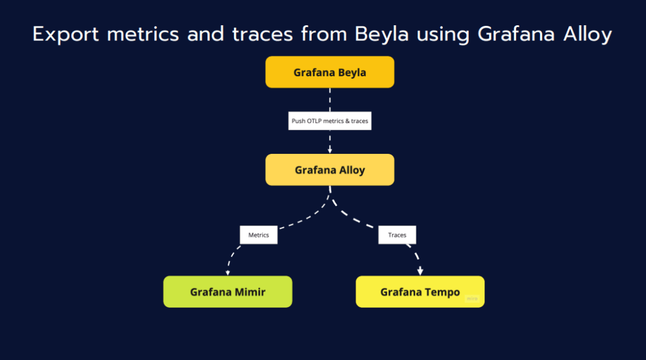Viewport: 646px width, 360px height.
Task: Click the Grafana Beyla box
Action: point(329,72)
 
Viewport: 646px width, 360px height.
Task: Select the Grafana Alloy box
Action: point(329,170)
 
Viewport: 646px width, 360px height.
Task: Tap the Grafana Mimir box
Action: point(228,292)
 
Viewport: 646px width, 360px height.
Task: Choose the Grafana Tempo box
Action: point(420,292)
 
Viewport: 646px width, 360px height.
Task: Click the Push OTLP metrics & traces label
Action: point(329,120)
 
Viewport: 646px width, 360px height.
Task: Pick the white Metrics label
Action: point(259,235)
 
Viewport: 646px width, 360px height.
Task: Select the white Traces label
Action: point(397,235)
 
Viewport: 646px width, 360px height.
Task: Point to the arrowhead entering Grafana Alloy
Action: point(329,150)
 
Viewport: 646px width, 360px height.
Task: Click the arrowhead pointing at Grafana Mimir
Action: point(228,272)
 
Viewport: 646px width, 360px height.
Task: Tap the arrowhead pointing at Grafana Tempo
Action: point(420,271)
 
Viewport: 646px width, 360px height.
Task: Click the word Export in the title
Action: point(66,35)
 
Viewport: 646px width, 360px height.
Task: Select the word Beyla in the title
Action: point(382,35)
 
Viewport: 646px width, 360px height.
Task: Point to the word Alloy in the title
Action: point(587,35)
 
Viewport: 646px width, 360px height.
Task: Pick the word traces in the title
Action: point(262,35)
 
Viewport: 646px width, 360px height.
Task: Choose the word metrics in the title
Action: point(143,35)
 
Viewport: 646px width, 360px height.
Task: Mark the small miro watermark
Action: point(472,299)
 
